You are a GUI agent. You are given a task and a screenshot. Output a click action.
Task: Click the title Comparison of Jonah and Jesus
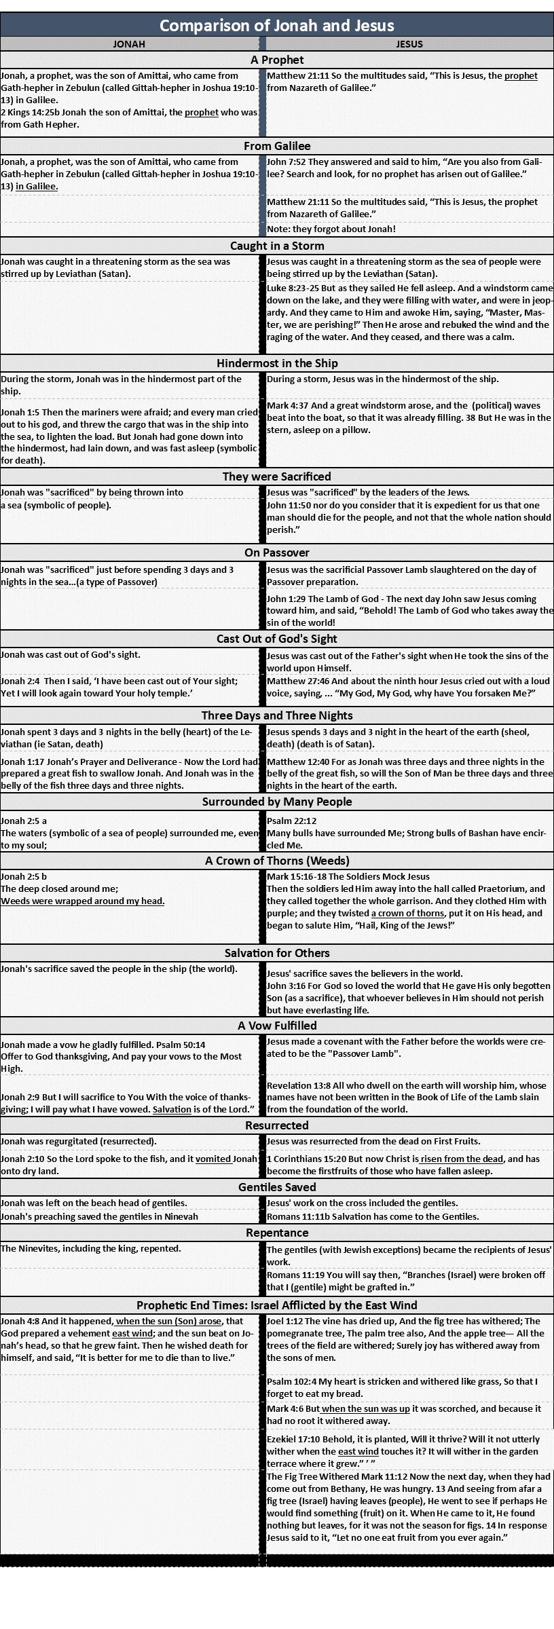coord(276,26)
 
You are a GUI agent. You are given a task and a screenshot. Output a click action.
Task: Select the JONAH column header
coord(129,44)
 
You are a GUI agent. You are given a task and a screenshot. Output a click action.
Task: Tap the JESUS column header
coord(409,44)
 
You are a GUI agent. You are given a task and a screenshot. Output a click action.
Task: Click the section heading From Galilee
coord(277,146)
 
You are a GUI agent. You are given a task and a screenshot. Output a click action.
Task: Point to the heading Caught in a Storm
coord(277,246)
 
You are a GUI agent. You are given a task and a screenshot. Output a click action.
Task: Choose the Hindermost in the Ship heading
coord(277,363)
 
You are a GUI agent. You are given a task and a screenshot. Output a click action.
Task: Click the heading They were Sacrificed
coord(277,476)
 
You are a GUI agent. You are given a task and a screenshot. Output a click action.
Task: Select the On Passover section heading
coord(277,553)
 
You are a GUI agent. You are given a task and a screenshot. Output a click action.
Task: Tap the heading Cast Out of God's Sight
coord(277,639)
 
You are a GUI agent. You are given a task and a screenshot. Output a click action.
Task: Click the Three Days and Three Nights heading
coord(277,715)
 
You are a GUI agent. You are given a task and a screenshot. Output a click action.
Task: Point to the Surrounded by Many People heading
coord(277,802)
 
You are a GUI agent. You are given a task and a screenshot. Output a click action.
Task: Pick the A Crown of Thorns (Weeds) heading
coord(277,861)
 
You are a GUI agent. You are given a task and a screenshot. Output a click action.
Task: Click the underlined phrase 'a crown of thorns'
coord(411,913)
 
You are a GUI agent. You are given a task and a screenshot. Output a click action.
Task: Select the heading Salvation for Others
coord(277,953)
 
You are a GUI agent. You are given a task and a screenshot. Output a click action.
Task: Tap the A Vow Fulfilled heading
coord(277,1026)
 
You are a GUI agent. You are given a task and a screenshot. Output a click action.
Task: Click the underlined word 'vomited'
coord(214,1159)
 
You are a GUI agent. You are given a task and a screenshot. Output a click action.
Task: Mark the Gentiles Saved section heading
coord(277,1187)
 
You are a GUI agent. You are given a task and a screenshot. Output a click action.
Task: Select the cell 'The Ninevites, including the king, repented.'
coord(90,1248)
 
